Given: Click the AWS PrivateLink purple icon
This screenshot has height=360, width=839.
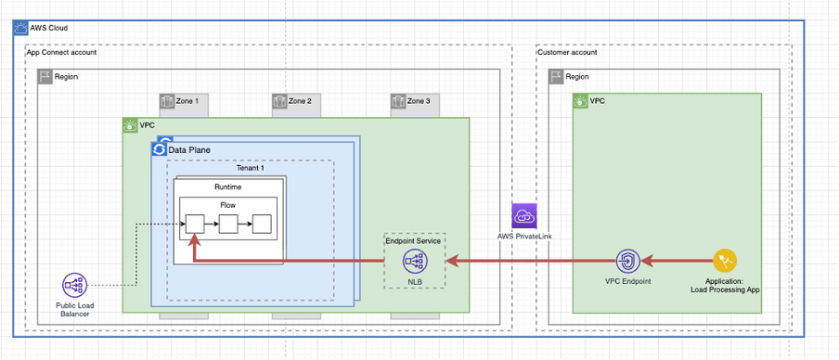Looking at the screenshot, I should pyautogui.click(x=523, y=216).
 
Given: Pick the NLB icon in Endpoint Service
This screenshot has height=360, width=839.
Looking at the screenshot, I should pyautogui.click(x=414, y=262).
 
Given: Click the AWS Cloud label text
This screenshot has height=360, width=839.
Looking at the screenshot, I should pyautogui.click(x=49, y=28).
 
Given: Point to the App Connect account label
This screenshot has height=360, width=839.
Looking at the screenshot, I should pyautogui.click(x=61, y=52).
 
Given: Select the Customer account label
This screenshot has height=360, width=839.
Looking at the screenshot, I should pyautogui.click(x=567, y=52).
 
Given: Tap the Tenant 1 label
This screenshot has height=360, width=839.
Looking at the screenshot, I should pyautogui.click(x=250, y=167).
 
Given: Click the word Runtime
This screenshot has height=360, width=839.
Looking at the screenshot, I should pyautogui.click(x=227, y=186).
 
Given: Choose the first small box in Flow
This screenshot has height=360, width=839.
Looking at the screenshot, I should pyautogui.click(x=194, y=224).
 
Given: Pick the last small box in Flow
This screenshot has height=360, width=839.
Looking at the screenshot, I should pyautogui.click(x=262, y=224).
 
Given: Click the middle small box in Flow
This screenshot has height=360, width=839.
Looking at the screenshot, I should pyautogui.click(x=228, y=224).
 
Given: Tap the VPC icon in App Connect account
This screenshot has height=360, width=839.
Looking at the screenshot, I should pyautogui.click(x=130, y=124).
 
